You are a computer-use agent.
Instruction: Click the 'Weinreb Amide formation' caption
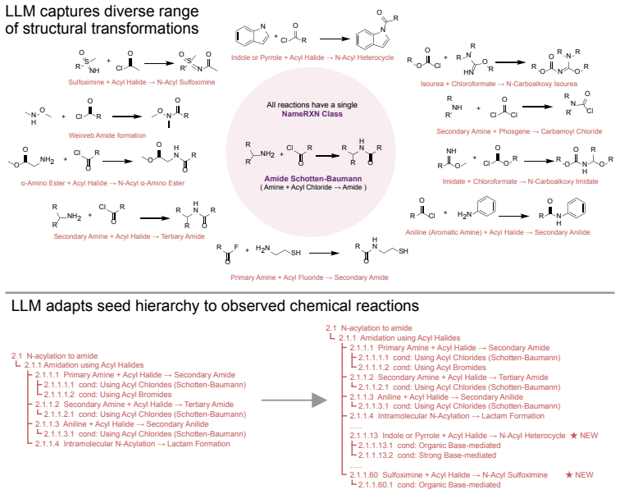pos(107,135)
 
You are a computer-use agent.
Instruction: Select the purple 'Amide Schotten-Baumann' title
pos(313,178)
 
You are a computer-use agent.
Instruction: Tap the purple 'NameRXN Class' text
pos(312,114)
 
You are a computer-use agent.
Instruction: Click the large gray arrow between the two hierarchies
pos(294,400)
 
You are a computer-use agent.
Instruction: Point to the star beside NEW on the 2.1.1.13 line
pos(574,436)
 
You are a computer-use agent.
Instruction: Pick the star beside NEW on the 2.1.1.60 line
pos(569,474)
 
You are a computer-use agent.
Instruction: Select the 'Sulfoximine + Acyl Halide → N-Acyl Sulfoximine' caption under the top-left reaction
pos(142,82)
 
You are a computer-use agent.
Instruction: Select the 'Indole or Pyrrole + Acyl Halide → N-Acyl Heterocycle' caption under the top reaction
pos(312,57)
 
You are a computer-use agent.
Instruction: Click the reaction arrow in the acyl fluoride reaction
pos(324,253)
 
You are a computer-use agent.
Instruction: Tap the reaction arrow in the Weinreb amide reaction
pos(127,117)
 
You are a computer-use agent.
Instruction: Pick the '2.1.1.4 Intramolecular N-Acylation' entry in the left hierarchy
pos(133,443)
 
